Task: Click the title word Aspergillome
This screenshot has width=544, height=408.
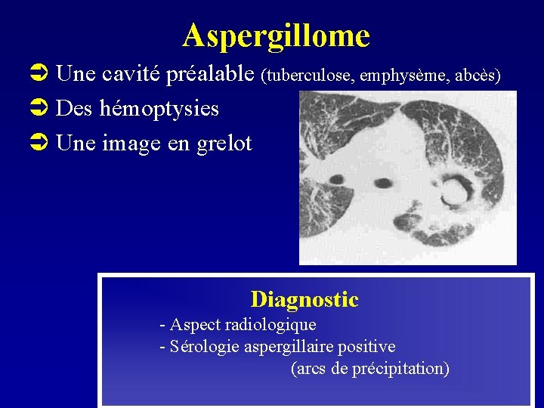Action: tap(276, 36)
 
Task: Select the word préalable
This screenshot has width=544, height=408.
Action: tap(212, 74)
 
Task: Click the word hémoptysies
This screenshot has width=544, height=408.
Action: tap(159, 109)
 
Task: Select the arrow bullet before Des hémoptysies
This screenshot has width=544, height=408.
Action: tap(43, 109)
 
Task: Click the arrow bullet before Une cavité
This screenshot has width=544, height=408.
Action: tap(43, 74)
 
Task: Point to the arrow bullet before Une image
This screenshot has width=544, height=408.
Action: tap(43, 144)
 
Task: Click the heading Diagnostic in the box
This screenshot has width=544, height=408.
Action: tap(304, 299)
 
